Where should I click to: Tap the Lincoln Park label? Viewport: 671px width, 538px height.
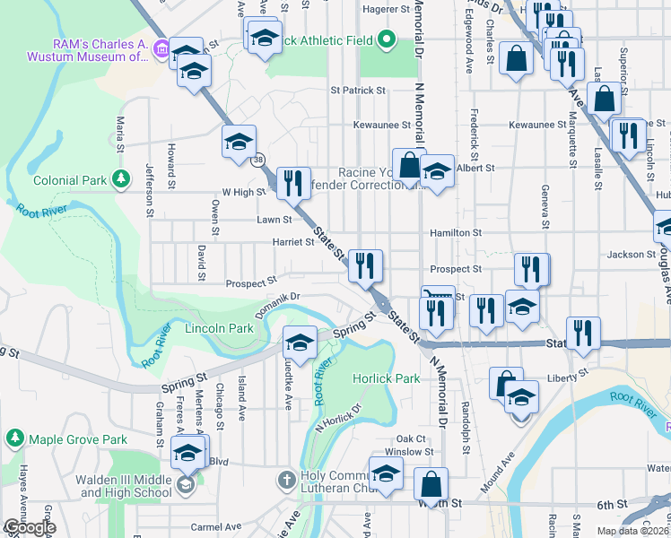point(219,329)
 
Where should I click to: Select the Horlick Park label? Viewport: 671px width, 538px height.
point(387,378)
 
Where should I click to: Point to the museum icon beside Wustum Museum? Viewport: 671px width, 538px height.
point(161,48)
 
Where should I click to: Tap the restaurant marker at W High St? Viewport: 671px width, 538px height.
point(293,183)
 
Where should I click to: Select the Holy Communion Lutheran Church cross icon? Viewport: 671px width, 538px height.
point(286,480)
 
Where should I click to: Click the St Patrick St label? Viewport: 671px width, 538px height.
point(357,91)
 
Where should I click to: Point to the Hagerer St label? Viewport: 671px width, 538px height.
point(386,9)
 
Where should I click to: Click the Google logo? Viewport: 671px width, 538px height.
point(30,527)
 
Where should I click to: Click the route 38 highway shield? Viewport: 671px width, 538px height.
point(258,160)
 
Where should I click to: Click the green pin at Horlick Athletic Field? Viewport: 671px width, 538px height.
point(387,39)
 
